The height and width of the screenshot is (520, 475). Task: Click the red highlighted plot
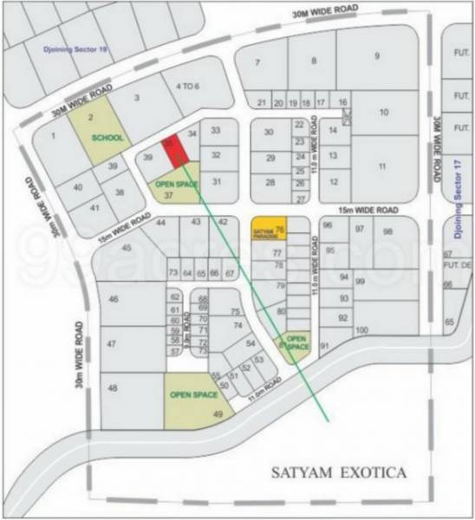[176, 151]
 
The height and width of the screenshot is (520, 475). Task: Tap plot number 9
[257, 62]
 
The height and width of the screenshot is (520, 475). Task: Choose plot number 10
[314, 61]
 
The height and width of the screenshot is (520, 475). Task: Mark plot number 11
[377, 56]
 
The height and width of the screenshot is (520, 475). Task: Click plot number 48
[384, 112]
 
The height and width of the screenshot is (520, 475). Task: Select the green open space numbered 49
[381, 166]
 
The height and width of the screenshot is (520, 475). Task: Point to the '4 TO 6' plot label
[186, 86]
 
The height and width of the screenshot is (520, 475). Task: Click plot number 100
[361, 330]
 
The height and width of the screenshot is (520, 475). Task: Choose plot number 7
[257, 62]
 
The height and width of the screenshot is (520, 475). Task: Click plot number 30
[270, 133]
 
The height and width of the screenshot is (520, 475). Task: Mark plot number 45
[127, 249]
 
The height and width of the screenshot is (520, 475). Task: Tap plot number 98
[387, 231]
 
